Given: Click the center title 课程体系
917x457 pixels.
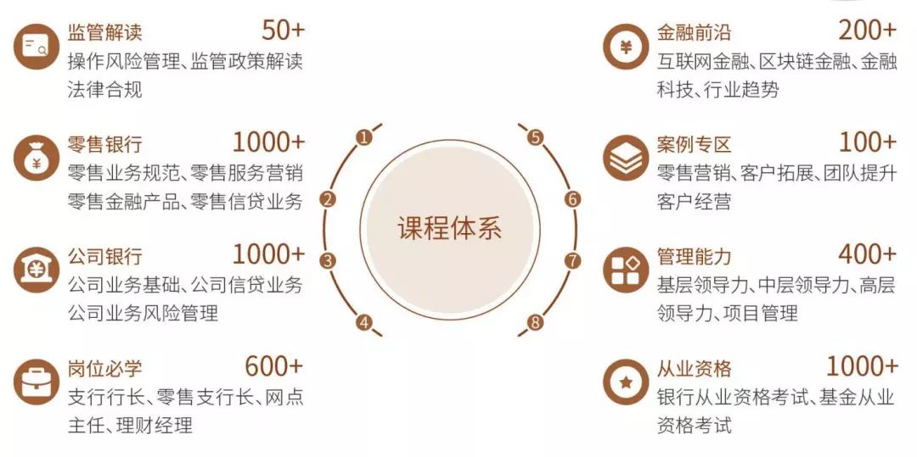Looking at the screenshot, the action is [449, 228].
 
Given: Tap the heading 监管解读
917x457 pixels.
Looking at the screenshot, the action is [105, 31].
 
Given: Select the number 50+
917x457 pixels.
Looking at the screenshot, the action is [283, 31].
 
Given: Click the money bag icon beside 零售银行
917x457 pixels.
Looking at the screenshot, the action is [37, 158].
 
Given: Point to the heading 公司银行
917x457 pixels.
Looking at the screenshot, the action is [105, 256].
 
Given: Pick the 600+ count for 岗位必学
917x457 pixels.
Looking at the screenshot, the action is [274, 366].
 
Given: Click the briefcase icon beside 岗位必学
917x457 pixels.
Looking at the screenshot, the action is [37, 382].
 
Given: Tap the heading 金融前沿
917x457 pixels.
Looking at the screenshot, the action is [695, 31].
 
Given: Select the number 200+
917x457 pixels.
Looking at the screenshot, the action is [868, 31].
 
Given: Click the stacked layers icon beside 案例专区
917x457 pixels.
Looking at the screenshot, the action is [626, 158].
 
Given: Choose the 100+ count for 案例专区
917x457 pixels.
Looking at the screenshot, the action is [868, 142].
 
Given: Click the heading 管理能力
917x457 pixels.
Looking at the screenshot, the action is [695, 256].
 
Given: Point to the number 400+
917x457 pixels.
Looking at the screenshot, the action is [868, 254].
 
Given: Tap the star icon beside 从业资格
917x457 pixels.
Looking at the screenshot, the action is [626, 382].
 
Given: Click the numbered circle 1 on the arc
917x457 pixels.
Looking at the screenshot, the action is [363, 137].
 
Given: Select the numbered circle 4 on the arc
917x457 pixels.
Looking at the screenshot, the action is [363, 321].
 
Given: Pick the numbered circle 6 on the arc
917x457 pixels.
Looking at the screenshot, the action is [573, 199].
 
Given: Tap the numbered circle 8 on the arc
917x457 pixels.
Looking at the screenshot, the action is [535, 321].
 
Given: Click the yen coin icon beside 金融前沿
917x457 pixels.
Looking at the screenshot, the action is [626, 47].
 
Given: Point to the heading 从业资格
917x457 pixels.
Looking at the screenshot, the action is [695, 368].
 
